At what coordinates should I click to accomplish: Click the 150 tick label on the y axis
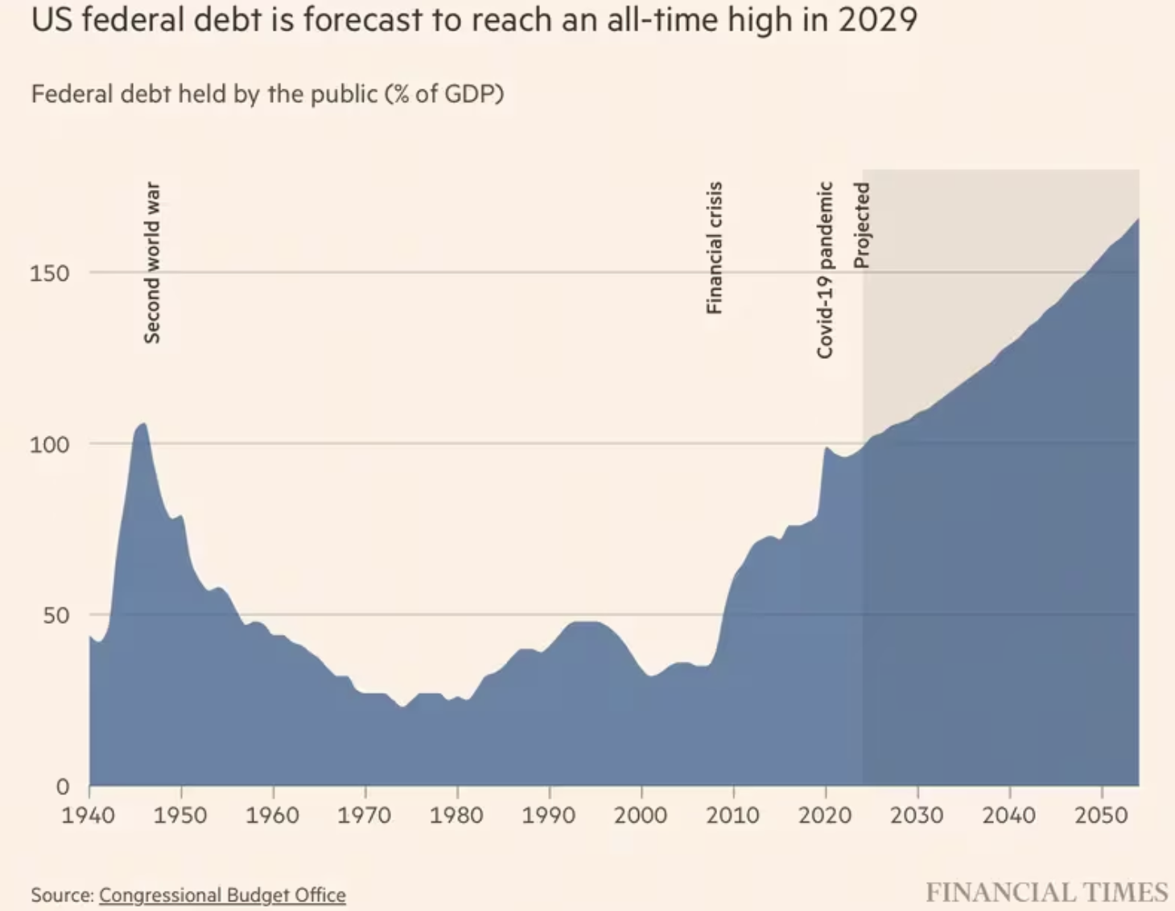pyautogui.click(x=49, y=274)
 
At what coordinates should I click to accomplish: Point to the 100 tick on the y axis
pyautogui.click(x=49, y=444)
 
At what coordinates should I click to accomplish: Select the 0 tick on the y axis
pyautogui.click(x=62, y=786)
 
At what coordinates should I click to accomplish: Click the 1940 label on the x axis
pyautogui.click(x=89, y=815)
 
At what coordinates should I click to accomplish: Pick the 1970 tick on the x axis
pyautogui.click(x=365, y=815)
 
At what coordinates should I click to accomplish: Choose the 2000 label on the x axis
pyautogui.click(x=641, y=815)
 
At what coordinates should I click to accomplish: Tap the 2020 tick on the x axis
pyautogui.click(x=825, y=815)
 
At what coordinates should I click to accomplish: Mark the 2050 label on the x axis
pyautogui.click(x=1101, y=815)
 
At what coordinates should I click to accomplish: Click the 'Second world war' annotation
pyautogui.click(x=152, y=263)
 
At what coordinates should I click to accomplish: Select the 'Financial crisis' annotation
pyautogui.click(x=714, y=248)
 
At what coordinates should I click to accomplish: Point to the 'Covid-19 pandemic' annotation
pyautogui.click(x=825, y=270)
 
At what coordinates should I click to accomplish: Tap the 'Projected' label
pyautogui.click(x=862, y=225)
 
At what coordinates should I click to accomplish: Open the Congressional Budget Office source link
pyautogui.click(x=222, y=895)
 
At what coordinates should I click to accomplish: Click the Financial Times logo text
pyautogui.click(x=1046, y=892)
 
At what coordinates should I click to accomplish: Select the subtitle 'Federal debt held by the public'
pyautogui.click(x=204, y=94)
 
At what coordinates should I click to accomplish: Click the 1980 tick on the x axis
pyautogui.click(x=456, y=815)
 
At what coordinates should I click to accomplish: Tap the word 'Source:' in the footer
pyautogui.click(x=63, y=895)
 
